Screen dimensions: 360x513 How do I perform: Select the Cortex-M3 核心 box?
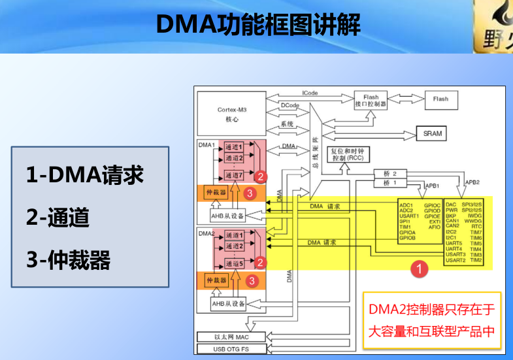[x=232, y=114]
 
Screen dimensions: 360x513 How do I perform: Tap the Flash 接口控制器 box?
[x=371, y=99]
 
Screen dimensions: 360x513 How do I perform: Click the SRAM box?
[x=432, y=133]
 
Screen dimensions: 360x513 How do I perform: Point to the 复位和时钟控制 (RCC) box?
[x=341, y=154]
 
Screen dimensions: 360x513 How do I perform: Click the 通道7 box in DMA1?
[x=234, y=176]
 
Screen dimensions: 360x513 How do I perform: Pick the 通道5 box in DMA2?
[x=234, y=263]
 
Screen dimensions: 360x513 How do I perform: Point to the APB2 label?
[x=472, y=182]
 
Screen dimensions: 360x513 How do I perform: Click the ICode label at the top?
[x=310, y=93]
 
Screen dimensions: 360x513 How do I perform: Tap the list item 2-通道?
[x=58, y=218]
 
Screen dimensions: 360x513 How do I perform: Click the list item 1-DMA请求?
[x=84, y=175]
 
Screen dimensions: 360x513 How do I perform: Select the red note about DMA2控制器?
[x=431, y=320]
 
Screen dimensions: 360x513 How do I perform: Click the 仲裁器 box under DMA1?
[x=216, y=193]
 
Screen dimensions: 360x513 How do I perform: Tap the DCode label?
[x=290, y=105]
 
